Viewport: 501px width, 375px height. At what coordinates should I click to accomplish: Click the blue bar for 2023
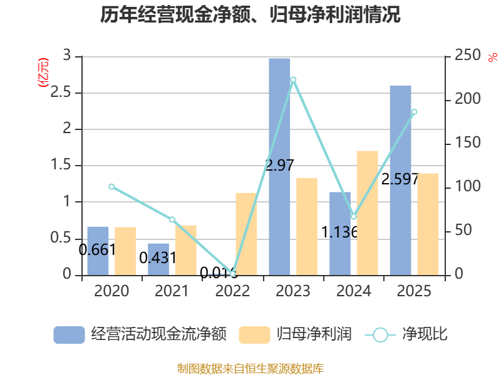click(x=279, y=167)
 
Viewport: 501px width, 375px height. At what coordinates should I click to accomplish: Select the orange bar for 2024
click(x=367, y=213)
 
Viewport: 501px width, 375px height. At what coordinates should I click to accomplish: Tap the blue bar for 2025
click(x=400, y=181)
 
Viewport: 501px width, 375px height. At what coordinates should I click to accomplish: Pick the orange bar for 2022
click(x=246, y=234)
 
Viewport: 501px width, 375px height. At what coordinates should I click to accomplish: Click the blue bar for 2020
click(x=98, y=251)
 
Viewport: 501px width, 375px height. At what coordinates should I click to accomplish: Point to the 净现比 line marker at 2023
click(x=293, y=80)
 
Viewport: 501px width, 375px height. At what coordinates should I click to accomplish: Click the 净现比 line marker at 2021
click(x=172, y=219)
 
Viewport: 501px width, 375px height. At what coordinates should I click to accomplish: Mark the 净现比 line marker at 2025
click(x=414, y=112)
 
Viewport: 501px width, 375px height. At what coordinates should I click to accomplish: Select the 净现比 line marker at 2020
click(x=111, y=186)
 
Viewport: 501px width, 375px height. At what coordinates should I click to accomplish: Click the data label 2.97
click(x=279, y=165)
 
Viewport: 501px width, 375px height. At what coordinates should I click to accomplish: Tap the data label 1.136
click(x=339, y=232)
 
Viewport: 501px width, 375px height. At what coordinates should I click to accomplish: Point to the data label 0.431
click(x=158, y=257)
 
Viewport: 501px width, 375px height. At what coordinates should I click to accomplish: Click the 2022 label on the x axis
click(x=232, y=291)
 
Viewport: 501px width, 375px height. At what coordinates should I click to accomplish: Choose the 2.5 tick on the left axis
click(x=61, y=92)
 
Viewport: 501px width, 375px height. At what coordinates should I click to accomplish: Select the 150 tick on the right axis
click(x=467, y=142)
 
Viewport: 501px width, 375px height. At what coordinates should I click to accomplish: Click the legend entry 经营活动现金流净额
click(x=140, y=334)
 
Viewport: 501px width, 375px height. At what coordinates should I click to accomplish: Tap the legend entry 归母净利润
click(x=295, y=334)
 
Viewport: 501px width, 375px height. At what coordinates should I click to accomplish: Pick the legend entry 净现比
click(x=406, y=334)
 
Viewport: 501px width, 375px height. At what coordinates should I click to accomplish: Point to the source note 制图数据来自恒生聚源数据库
click(x=250, y=368)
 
